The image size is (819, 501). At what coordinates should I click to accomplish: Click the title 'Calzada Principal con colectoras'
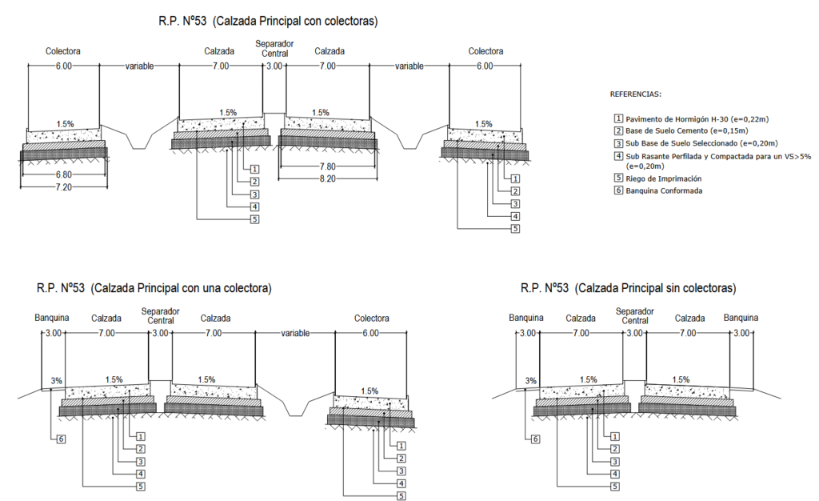[268, 21]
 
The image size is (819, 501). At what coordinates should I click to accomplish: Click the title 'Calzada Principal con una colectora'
[154, 287]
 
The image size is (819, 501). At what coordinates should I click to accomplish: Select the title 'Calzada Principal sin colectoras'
[628, 287]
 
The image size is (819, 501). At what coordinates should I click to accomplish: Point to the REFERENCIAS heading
[636, 94]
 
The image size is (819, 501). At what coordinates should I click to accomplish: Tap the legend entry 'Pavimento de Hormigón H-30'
[696, 119]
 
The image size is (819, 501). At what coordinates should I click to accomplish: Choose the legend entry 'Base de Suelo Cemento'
[686, 130]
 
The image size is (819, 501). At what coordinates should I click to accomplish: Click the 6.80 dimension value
[63, 174]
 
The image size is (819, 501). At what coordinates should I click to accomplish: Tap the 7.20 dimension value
[63, 186]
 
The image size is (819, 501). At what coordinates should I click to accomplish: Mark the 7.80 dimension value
[327, 166]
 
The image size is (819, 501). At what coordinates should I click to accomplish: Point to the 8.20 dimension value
[327, 178]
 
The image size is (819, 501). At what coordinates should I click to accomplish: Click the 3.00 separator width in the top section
[274, 66]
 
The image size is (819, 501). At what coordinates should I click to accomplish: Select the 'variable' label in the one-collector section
[294, 333]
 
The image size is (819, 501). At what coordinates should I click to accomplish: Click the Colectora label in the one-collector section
[371, 319]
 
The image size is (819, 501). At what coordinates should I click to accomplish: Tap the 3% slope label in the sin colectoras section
[531, 381]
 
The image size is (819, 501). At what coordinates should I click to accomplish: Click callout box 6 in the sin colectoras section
[535, 439]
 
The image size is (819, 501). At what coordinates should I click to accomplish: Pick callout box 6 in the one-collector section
[61, 439]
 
